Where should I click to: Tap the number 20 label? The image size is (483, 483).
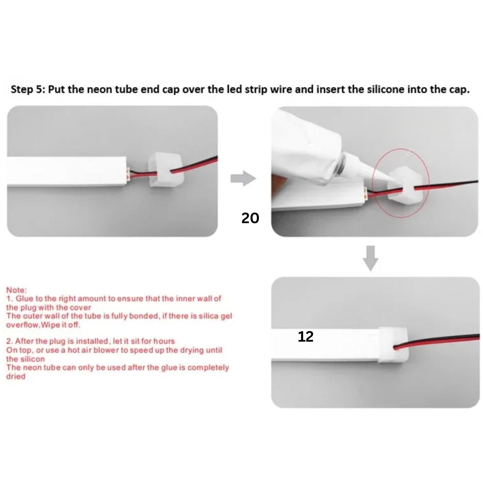pyautogui.click(x=250, y=219)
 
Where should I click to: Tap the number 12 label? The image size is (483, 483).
pyautogui.click(x=306, y=337)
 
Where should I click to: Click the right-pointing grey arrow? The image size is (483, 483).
pyautogui.click(x=243, y=178)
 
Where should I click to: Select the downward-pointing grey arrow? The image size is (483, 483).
pyautogui.click(x=370, y=258)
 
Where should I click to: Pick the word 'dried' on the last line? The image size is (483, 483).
pyautogui.click(x=15, y=376)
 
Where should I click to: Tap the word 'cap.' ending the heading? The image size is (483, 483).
pyautogui.click(x=459, y=90)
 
